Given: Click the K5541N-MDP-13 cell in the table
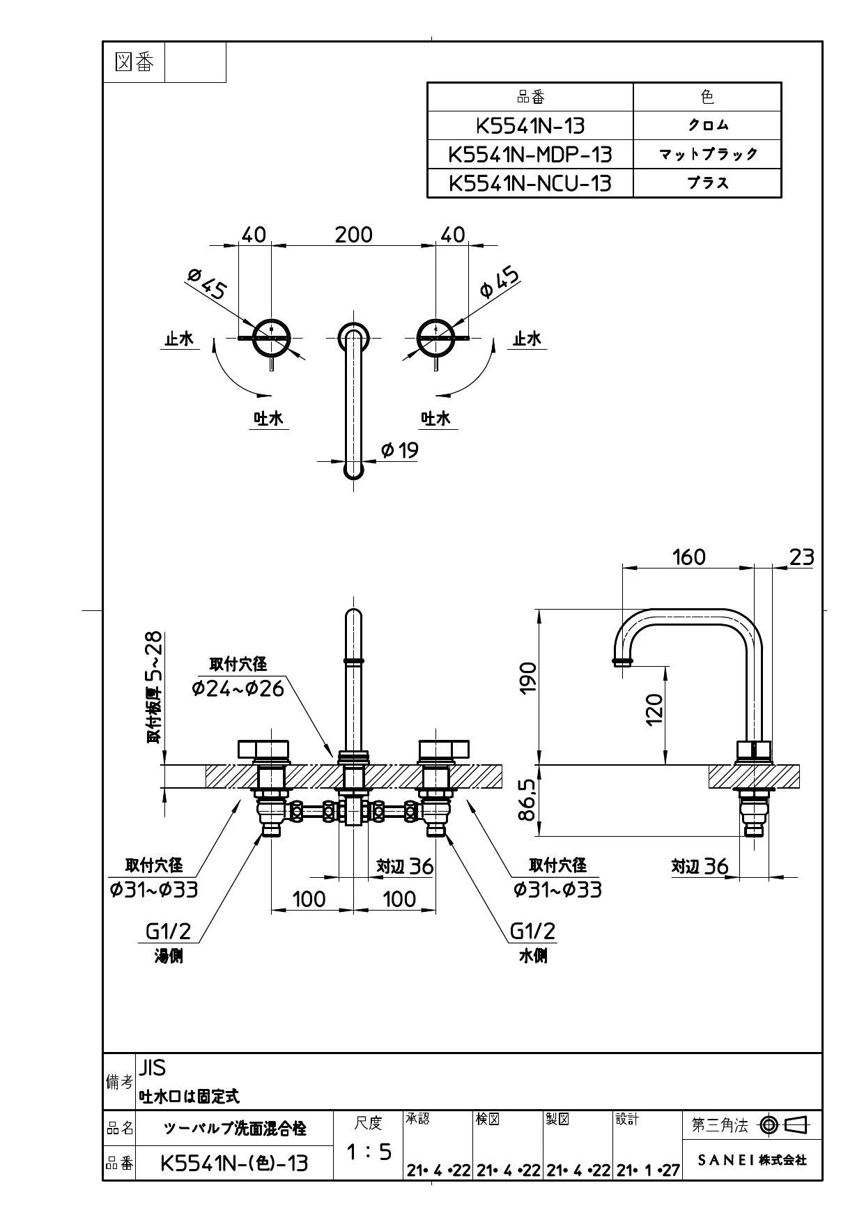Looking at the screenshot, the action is pyautogui.click(x=530, y=153).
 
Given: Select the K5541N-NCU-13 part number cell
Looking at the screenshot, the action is pyautogui.click(x=530, y=183).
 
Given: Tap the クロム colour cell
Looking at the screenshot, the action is pyautogui.click(x=707, y=125).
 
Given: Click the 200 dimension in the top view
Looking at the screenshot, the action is pyautogui.click(x=353, y=234).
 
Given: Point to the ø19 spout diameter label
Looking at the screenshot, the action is pyautogui.click(x=400, y=450).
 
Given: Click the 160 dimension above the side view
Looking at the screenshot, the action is pyautogui.click(x=688, y=557).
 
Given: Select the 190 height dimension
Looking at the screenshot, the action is pyautogui.click(x=528, y=677).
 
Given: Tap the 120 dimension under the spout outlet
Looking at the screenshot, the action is pyautogui.click(x=654, y=709).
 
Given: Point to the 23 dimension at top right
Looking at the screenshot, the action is pyautogui.click(x=801, y=557).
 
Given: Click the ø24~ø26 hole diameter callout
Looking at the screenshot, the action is pyautogui.click(x=238, y=688).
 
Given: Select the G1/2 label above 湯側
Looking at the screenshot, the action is pyautogui.click(x=168, y=931).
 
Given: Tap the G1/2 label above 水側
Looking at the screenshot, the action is pyautogui.click(x=533, y=931).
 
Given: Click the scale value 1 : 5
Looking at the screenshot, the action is pyautogui.click(x=369, y=1152).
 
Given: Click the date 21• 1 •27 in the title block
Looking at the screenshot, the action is pyautogui.click(x=647, y=1170).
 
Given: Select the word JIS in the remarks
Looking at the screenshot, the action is pyautogui.click(x=153, y=1068).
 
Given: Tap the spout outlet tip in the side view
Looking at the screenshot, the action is pyautogui.click(x=622, y=662).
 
